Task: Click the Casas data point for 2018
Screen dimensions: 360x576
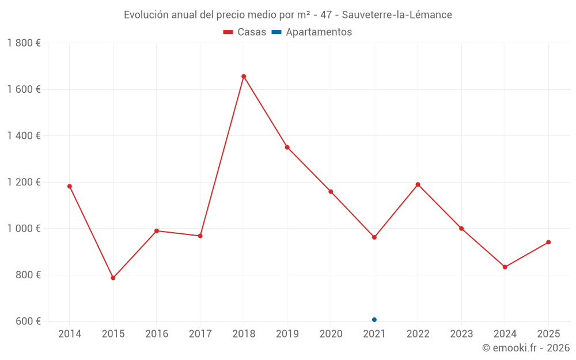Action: pos(244,76)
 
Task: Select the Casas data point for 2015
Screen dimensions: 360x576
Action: pos(113,278)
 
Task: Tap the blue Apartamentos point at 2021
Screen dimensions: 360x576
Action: pos(374,320)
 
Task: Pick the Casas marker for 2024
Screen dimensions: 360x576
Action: pos(505,267)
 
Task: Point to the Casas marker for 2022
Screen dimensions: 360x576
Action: pos(418,184)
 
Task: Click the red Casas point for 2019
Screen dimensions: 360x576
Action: pos(287,147)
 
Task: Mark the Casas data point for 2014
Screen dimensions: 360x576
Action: pos(70,186)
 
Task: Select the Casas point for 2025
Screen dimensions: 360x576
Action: pos(548,242)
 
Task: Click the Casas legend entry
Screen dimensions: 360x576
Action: pos(245,32)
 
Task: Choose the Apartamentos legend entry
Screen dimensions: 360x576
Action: pos(312,32)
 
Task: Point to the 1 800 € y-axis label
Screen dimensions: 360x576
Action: pos(24,43)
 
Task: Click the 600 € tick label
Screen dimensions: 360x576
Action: pos(28,321)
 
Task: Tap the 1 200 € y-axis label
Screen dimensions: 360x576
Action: pos(24,182)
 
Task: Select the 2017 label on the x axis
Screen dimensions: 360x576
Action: pos(200,334)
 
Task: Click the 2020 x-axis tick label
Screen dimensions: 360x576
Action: pos(331,334)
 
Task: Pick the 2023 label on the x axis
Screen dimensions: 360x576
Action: pos(461,334)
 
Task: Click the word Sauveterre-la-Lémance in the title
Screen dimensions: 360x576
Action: pos(397,14)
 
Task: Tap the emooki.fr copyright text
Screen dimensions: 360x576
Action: pos(526,348)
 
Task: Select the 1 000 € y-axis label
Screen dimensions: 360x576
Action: pos(24,228)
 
